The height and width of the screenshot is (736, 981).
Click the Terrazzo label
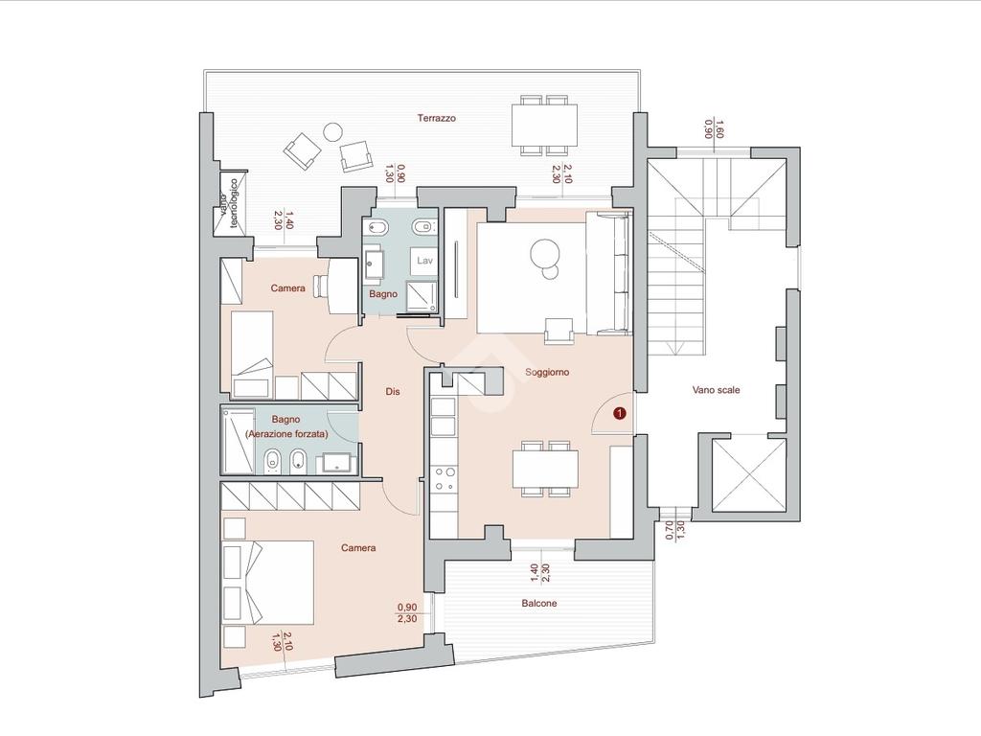click(437, 118)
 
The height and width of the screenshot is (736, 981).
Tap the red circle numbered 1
click(620, 413)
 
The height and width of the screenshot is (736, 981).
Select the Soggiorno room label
click(547, 373)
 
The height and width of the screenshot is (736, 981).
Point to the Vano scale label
click(716, 390)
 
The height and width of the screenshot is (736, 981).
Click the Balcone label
click(538, 604)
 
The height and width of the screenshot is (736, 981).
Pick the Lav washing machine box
click(424, 261)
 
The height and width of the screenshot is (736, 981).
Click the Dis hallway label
click(392, 392)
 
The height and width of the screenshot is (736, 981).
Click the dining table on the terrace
click(544, 125)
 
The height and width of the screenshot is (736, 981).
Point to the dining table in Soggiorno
click(545, 469)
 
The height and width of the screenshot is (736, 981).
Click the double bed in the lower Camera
click(268, 583)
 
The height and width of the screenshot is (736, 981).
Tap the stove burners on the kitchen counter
click(444, 478)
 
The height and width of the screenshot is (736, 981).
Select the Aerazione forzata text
click(286, 434)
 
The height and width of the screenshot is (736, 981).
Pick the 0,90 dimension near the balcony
click(407, 607)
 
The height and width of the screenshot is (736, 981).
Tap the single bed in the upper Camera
click(252, 355)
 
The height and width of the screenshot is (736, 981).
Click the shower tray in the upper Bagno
click(422, 296)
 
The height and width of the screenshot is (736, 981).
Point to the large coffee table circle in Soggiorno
click(543, 253)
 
